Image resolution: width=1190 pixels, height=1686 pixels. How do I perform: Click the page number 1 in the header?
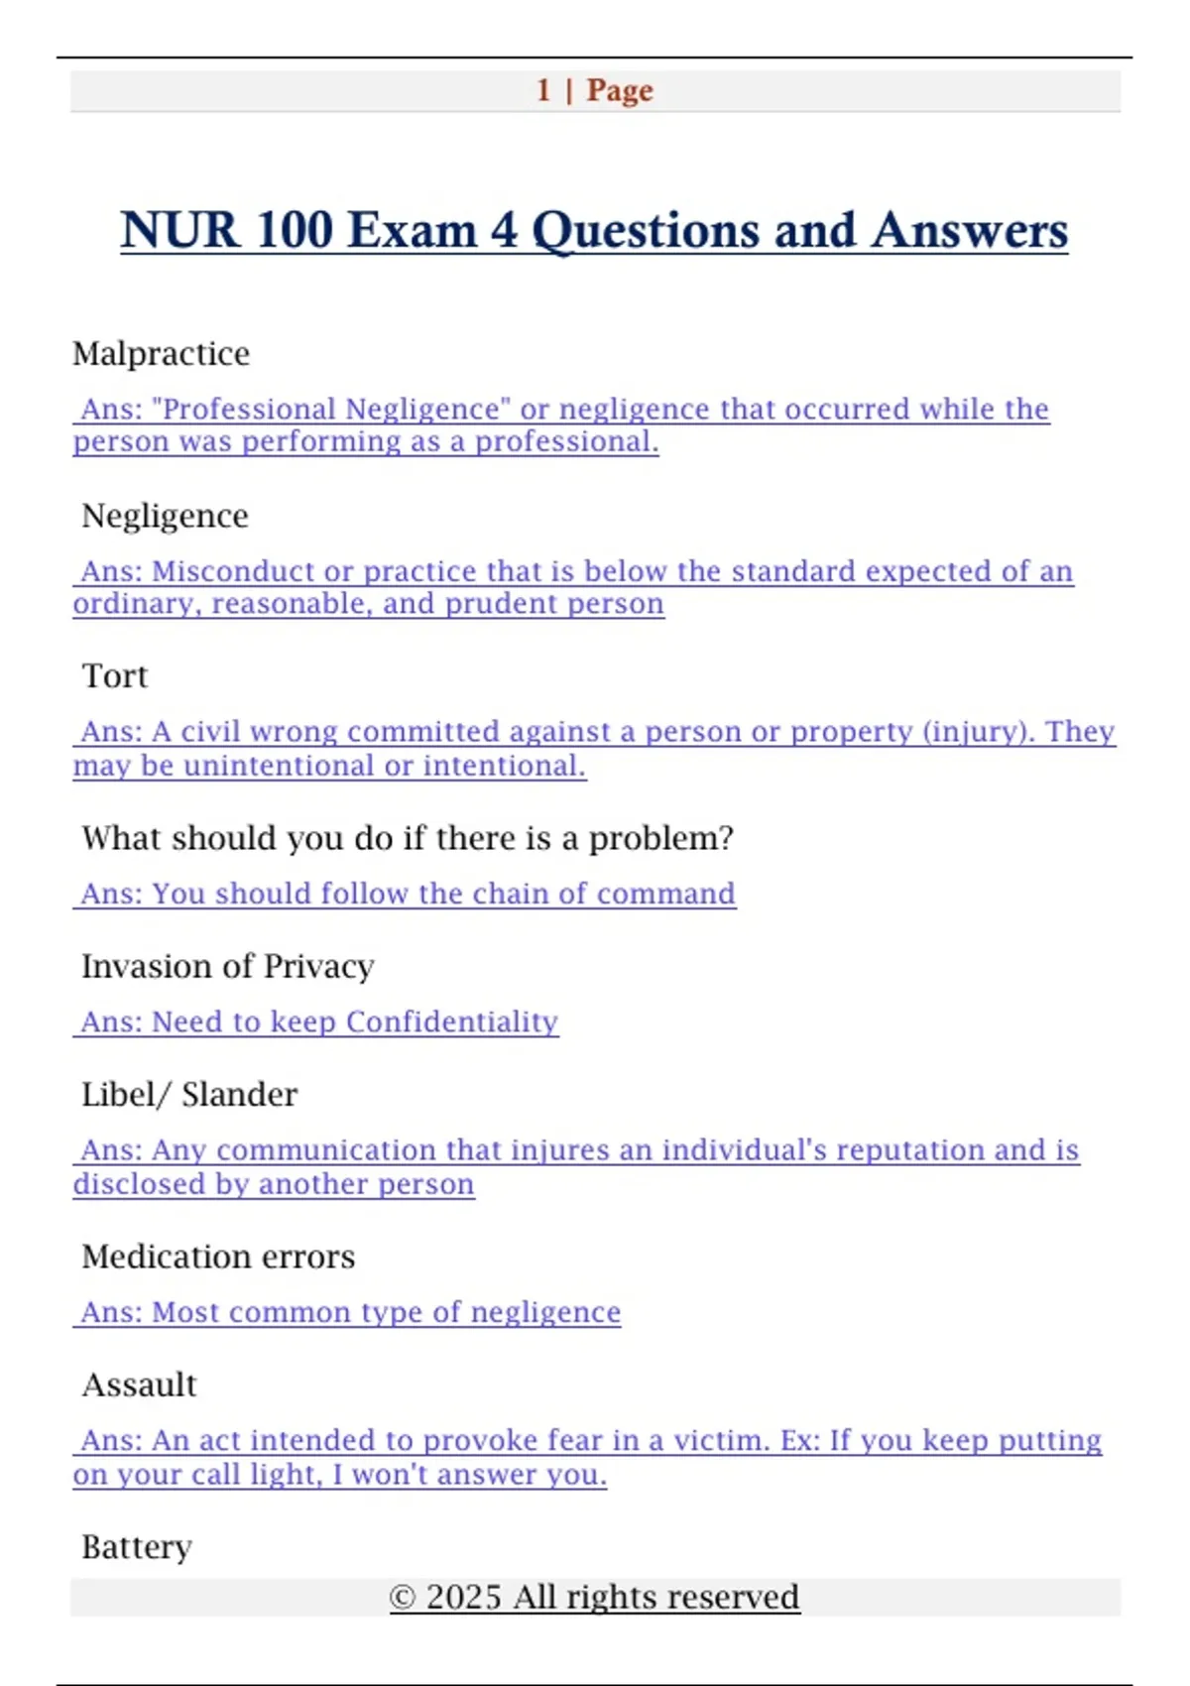[543, 90]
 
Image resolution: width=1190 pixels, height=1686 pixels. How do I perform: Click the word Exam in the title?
[412, 230]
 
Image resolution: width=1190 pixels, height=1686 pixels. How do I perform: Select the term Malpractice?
[161, 354]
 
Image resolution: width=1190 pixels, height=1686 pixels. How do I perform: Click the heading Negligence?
[165, 516]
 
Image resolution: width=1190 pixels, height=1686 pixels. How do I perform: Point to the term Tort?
[114, 676]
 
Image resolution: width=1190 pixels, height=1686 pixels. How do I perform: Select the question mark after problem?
[727, 839]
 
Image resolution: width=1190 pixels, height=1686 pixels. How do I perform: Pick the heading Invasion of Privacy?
[227, 966]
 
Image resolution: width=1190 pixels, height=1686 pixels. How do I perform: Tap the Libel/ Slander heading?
[188, 1095]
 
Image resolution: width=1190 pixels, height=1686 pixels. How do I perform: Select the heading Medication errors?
[218, 1257]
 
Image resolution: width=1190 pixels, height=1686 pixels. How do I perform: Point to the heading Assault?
[139, 1385]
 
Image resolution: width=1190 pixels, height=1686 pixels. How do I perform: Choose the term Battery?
[136, 1547]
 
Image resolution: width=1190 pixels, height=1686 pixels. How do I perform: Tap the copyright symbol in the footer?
[402, 1598]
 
